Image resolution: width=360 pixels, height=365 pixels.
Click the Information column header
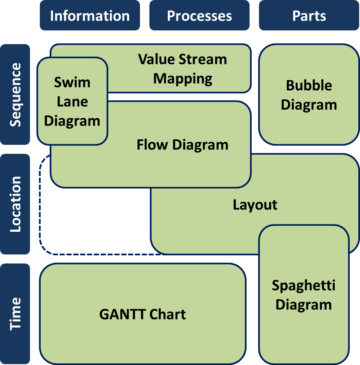tap(90, 16)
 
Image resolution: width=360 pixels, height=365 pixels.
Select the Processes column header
tap(199, 16)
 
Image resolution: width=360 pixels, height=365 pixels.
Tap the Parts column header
tap(309, 16)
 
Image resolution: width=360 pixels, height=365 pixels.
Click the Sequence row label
tap(15, 95)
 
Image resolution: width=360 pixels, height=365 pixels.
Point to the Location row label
tap(15, 204)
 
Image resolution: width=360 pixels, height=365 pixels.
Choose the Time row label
tap(15, 314)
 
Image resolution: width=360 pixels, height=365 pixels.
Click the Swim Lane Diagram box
tap(72, 102)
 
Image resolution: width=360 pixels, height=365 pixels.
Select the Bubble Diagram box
tap(309, 95)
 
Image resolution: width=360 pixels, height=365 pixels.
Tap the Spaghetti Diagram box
tap(303, 295)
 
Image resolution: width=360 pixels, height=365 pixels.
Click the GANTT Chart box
tap(143, 314)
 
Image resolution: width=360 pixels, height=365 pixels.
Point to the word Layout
tap(255, 205)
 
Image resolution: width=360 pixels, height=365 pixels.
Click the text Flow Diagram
tap(182, 145)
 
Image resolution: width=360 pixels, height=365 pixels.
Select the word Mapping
tap(183, 79)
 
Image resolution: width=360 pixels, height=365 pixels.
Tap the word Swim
tap(72, 82)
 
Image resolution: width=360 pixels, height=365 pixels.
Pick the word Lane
tap(72, 102)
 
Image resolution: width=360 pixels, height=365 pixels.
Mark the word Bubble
tap(309, 85)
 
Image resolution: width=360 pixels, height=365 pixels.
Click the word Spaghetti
tap(303, 285)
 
